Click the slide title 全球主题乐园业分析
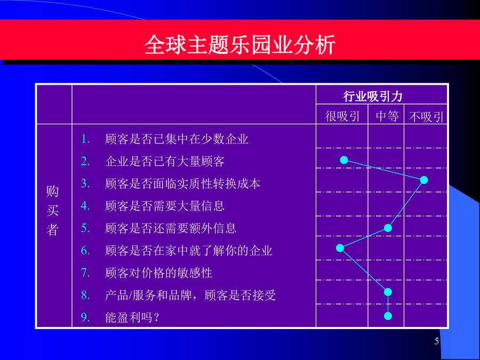click(240, 45)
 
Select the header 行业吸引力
click(373, 97)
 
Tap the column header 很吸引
click(342, 116)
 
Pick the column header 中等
click(387, 116)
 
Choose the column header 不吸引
click(426, 117)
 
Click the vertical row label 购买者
click(53, 210)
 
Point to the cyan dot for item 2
click(344, 160)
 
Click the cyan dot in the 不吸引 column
click(423, 180)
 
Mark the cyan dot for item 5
click(388, 228)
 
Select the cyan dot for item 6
click(340, 247)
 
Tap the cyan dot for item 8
click(388, 292)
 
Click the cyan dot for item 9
click(388, 316)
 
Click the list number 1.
click(85, 139)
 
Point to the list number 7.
click(85, 273)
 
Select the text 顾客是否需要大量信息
click(165, 206)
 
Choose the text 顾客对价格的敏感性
click(158, 273)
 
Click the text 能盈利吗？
click(132, 317)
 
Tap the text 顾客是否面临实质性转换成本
click(182, 183)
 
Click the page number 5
click(436, 341)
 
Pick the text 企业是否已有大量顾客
click(165, 161)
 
